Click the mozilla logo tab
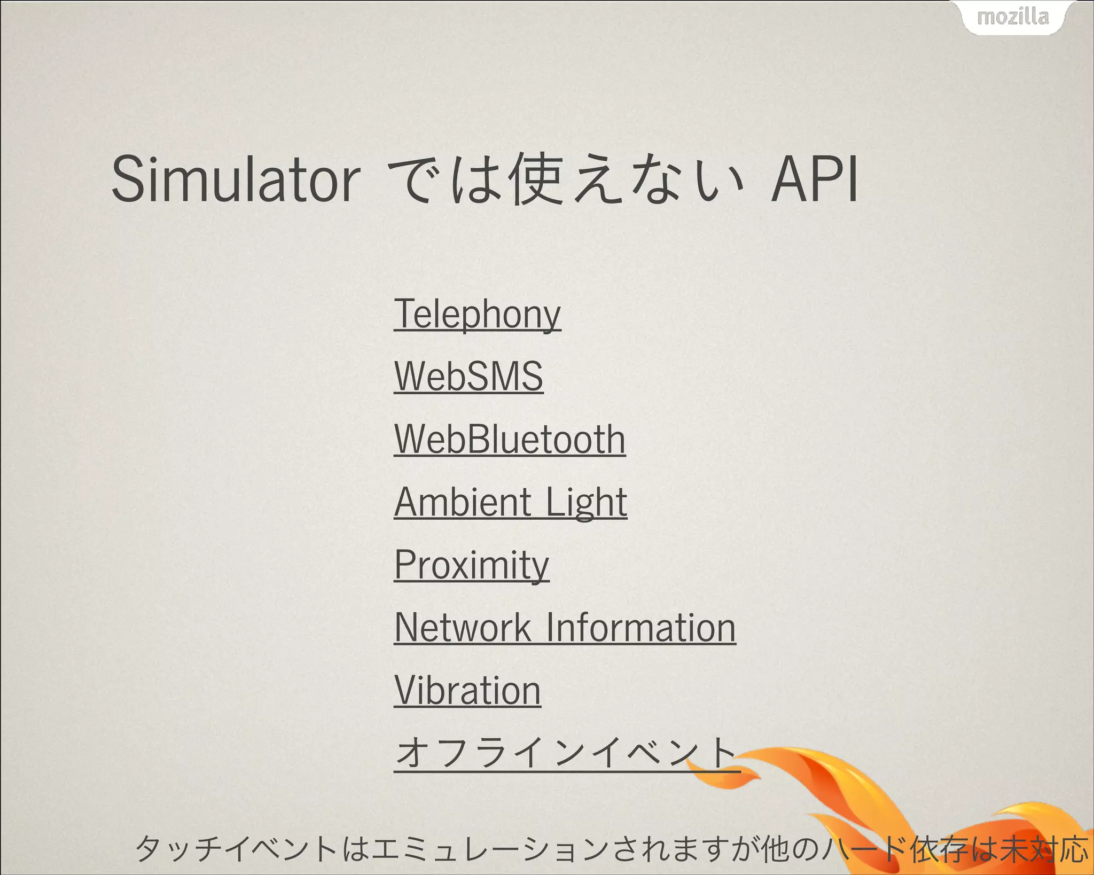[1013, 17]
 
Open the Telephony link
[477, 314]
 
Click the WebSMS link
[468, 377]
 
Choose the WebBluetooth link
[510, 439]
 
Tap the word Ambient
[463, 502]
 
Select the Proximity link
[472, 565]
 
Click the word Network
[463, 628]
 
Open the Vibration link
[467, 691]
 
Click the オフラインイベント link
[566, 752]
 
